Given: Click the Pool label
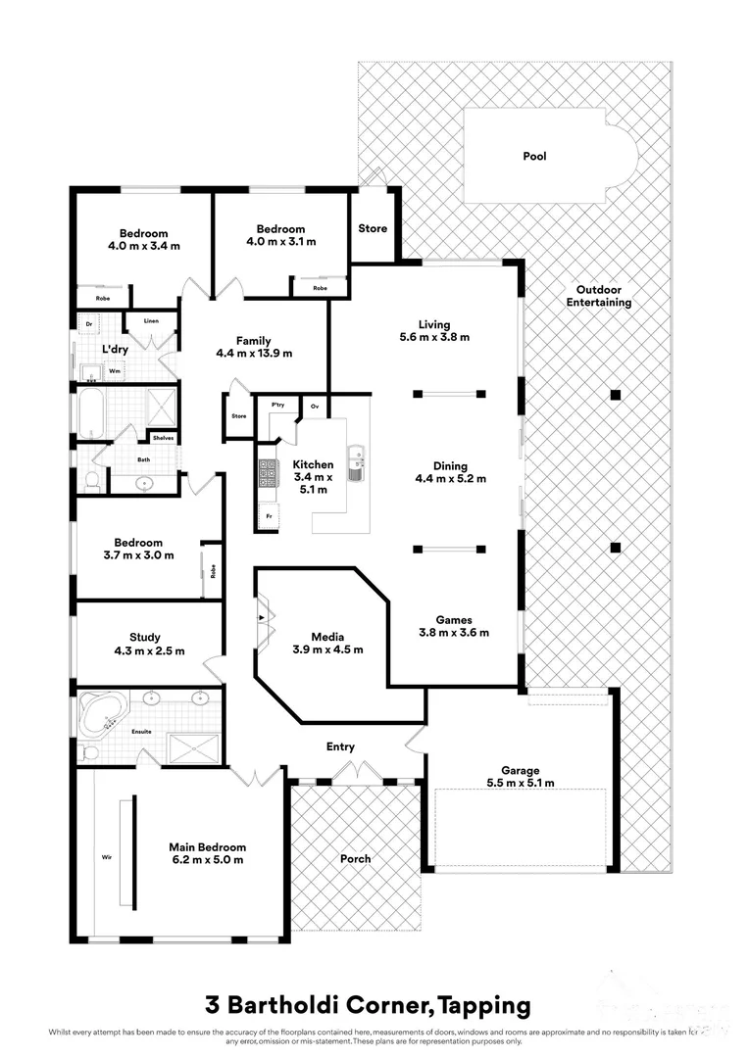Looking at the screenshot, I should click(x=534, y=156).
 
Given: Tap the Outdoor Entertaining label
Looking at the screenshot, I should click(x=598, y=296).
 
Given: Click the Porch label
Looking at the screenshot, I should click(x=356, y=858).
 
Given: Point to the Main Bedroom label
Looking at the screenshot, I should click(x=207, y=853).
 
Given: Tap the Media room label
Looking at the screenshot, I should click(x=327, y=642).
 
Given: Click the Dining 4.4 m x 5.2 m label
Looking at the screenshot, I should click(x=451, y=472).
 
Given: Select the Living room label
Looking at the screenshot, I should click(x=434, y=330).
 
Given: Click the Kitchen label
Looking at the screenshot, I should click(x=314, y=478).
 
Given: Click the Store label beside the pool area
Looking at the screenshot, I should click(x=373, y=228).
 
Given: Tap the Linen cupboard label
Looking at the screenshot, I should click(x=151, y=320).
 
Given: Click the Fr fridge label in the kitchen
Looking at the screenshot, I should click(x=267, y=515).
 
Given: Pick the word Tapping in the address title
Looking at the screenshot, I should click(x=484, y=1004).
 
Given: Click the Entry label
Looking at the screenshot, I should click(x=340, y=746).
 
